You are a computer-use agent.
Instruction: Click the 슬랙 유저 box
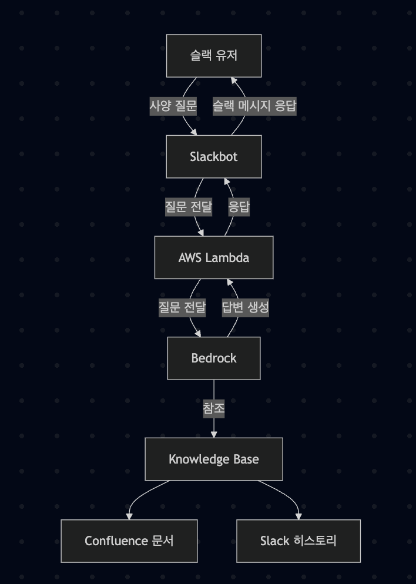point(214,56)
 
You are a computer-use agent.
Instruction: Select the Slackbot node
point(214,157)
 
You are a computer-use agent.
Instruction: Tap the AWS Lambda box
point(214,257)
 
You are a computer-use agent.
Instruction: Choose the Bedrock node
point(214,358)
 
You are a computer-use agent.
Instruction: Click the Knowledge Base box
point(214,459)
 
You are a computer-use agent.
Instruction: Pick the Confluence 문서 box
point(129,541)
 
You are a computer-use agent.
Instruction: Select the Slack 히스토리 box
point(298,541)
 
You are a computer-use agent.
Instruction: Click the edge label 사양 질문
point(173,106)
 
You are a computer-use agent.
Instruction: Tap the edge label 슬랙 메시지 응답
point(254,106)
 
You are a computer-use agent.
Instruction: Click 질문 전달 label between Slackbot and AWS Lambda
point(188,207)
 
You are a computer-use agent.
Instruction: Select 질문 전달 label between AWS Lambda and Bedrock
point(182,307)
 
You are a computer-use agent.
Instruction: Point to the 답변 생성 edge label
point(245,307)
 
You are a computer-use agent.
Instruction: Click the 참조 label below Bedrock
point(214,408)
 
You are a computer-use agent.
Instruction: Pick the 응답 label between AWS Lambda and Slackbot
point(239,207)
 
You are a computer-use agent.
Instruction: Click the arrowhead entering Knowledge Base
point(214,434)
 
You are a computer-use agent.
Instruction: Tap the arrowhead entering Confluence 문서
point(129,516)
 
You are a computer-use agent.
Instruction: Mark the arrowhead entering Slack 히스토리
point(298,516)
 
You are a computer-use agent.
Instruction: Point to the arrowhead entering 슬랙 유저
point(233,81)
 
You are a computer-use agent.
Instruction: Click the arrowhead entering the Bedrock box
point(198,333)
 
